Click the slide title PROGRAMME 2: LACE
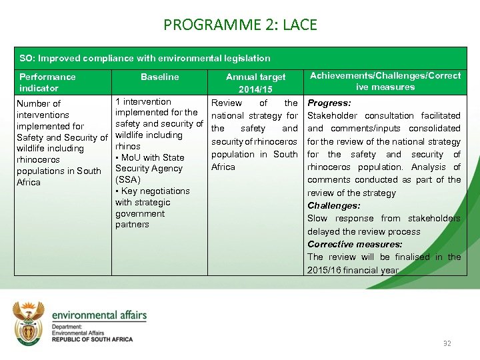pos(240,25)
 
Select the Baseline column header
pos(160,77)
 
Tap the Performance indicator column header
pos(47,82)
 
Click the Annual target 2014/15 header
pos(255,83)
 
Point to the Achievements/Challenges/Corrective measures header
pos(385,81)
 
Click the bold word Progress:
pos(329,103)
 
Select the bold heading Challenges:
pos(333,206)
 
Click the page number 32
pos(447,343)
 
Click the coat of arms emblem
pos(29,323)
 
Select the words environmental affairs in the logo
pos(99,315)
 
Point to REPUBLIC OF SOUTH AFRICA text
pos(92,339)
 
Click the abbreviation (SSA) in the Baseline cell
pos(128,180)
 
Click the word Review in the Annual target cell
pos(227,103)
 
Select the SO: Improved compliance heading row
pos(145,58)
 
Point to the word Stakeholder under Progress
pos(333,116)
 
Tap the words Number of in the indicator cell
pos(38,103)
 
